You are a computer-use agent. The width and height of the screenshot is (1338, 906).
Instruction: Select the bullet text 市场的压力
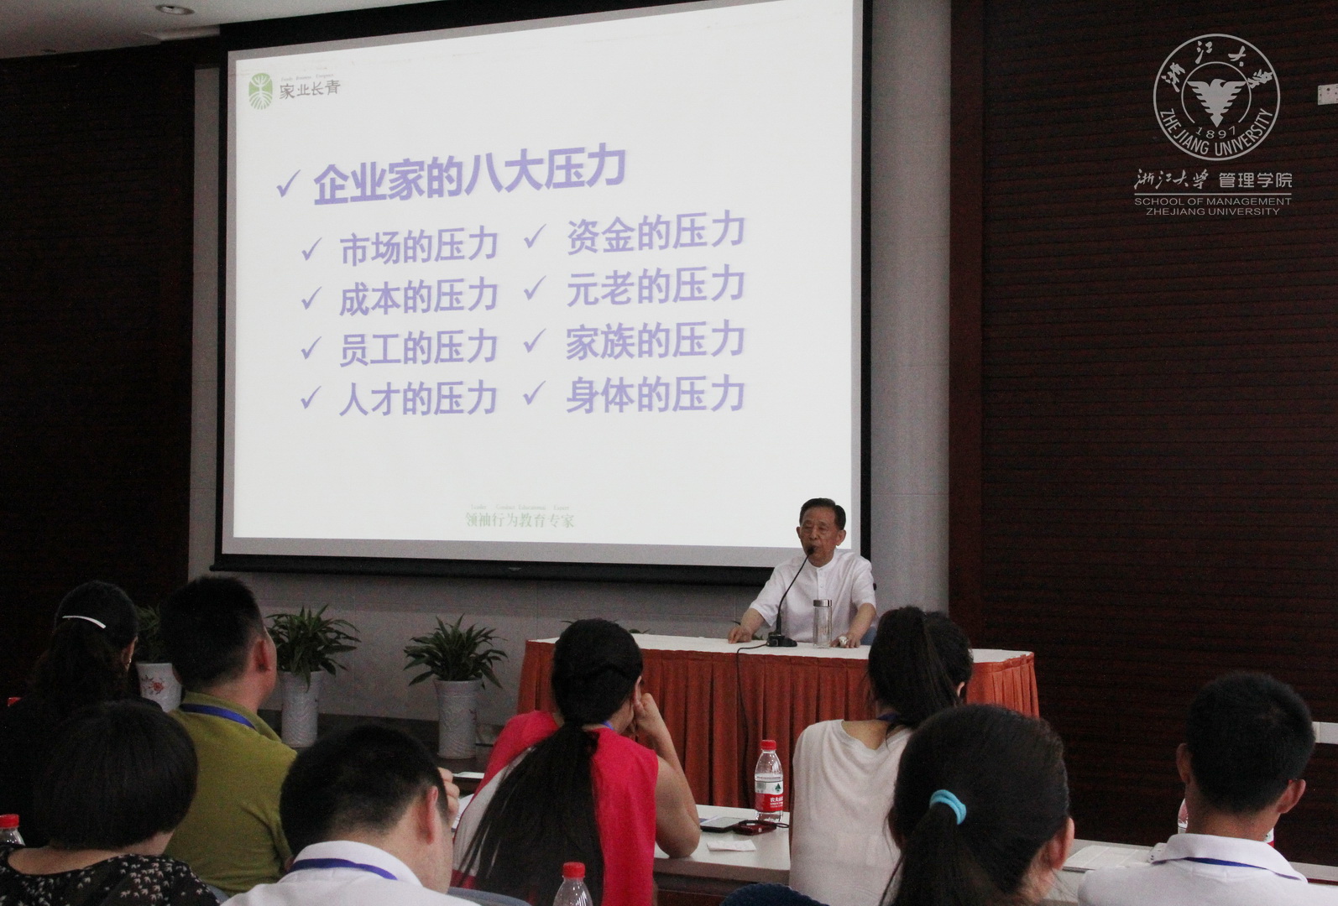418,246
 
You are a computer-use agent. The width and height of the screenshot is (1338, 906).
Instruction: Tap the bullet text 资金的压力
655,233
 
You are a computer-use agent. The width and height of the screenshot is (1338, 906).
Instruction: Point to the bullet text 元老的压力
655,288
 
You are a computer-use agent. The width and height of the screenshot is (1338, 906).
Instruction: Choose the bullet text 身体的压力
655,394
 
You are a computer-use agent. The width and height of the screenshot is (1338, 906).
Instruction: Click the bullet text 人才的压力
418,398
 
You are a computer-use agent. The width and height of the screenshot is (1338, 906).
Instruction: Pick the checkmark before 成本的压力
311,298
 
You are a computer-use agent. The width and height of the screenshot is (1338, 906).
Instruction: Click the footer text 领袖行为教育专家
520,520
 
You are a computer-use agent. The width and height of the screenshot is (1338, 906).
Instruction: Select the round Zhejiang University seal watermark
1216,96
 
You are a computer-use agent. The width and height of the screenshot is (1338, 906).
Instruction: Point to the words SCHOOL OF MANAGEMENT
1212,201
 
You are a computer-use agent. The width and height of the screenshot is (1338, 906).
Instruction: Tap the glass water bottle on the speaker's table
822,622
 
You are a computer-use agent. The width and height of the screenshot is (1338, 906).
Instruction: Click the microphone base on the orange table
781,640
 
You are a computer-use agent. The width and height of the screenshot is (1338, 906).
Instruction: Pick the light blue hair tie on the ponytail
949,806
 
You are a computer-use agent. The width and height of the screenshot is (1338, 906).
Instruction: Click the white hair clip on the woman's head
82,622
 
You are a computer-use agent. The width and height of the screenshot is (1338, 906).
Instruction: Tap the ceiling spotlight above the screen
175,9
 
